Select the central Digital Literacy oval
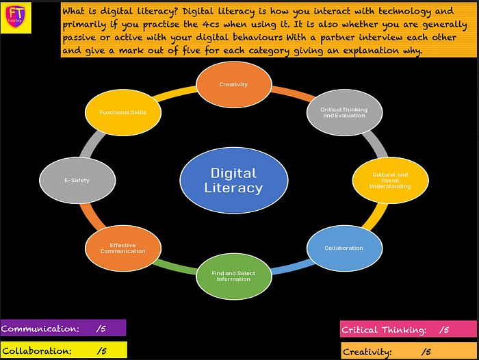click(x=233, y=180)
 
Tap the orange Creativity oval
click(x=233, y=84)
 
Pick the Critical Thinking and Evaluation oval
click(x=344, y=112)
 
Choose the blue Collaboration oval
click(x=344, y=248)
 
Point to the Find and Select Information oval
click(x=233, y=276)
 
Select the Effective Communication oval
click(x=123, y=248)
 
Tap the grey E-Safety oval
click(x=77, y=181)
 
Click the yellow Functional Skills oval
click(x=122, y=112)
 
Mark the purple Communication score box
click(x=63, y=329)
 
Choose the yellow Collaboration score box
click(x=63, y=350)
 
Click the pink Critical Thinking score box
click(x=408, y=330)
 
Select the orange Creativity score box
click(x=408, y=352)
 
